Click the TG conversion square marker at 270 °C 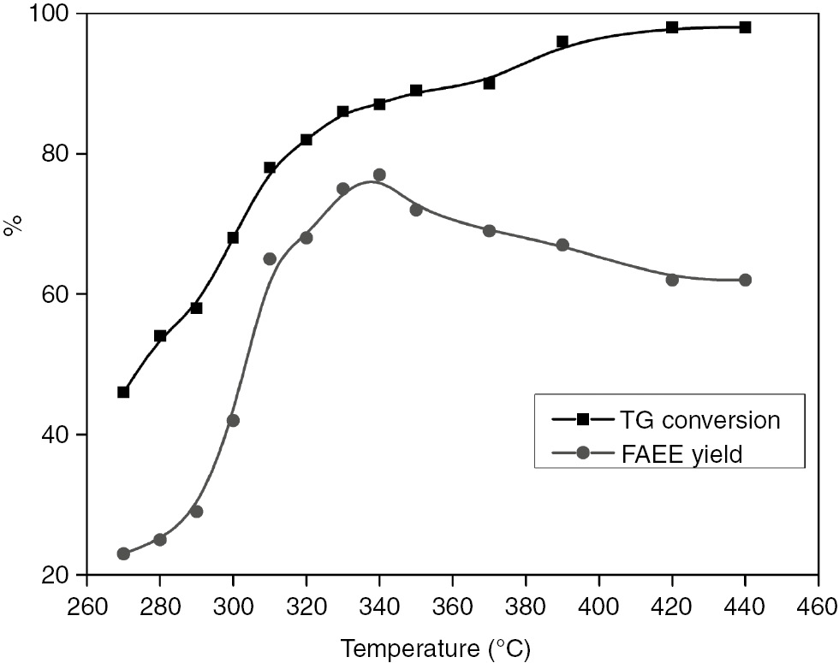[123, 392]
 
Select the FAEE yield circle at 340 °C [379, 175]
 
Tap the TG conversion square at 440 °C [745, 27]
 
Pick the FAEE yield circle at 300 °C [233, 420]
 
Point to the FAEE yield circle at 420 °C [672, 280]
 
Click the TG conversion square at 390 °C [562, 41]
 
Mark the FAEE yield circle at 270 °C [123, 553]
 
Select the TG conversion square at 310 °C [270, 168]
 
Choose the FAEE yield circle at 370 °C [489, 230]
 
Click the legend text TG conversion [699, 419]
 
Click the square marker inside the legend [583, 418]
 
